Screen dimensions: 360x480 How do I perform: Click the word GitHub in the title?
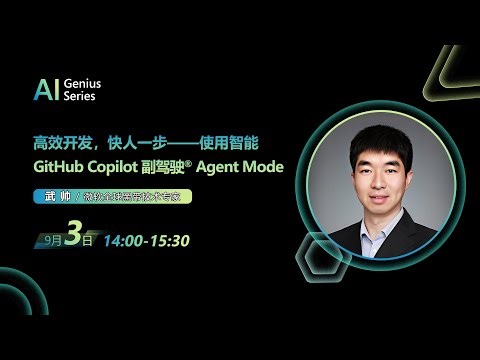click(58, 167)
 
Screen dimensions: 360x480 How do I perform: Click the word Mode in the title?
click(261, 167)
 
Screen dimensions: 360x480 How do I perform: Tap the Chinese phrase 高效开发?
click(58, 144)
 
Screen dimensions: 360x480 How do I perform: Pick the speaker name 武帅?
click(48, 197)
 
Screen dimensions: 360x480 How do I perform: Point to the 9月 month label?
click(52, 241)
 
